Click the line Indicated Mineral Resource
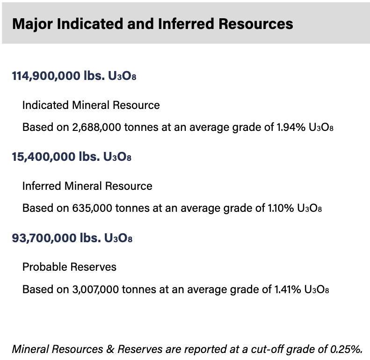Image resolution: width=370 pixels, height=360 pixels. point(91,105)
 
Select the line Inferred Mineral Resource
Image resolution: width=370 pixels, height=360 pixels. point(87,186)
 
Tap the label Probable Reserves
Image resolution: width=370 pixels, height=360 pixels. point(69,267)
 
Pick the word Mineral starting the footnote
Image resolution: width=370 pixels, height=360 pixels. point(29,349)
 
